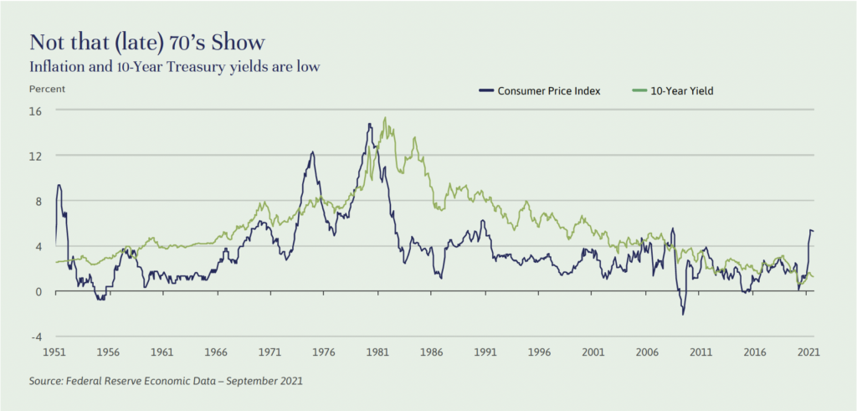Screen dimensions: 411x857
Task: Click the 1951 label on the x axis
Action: (x=56, y=353)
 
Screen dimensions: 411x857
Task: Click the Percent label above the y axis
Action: (x=48, y=88)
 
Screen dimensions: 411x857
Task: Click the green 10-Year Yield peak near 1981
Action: (x=384, y=118)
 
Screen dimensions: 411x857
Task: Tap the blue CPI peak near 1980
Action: (x=369, y=125)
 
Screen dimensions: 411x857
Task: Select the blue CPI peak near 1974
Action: (x=312, y=152)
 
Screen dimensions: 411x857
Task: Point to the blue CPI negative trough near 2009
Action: (x=683, y=314)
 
